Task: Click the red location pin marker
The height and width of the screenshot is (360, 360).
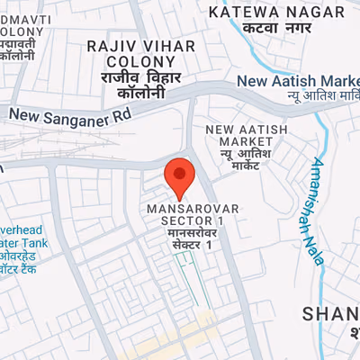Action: click(180, 177)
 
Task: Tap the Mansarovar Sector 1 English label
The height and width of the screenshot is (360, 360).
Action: click(193, 214)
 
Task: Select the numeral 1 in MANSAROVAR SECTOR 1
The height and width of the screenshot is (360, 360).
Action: click(219, 220)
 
